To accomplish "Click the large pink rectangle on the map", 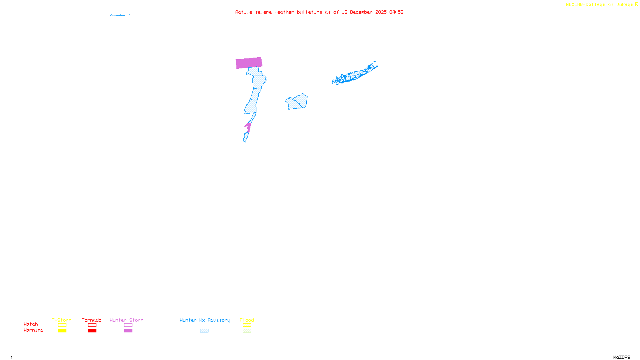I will coord(249,63).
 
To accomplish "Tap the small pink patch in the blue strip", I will coord(248,127).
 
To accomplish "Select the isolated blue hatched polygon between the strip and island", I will coord(297,102).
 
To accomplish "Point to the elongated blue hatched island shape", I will coord(354,74).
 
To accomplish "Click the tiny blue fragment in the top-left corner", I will coord(120,15).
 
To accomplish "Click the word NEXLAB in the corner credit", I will coord(575,5).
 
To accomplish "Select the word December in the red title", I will coord(361,12).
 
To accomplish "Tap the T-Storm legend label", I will coord(62,320).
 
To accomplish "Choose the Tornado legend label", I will coord(92,320).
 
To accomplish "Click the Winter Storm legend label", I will coord(126,320).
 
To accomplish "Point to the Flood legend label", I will coord(247,320).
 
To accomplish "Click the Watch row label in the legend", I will coord(31,324).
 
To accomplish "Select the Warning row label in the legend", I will coord(33,330).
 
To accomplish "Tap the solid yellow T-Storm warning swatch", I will coord(62,331).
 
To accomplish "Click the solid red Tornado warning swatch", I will coord(92,331).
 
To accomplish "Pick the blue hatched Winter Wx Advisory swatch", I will coord(204,331).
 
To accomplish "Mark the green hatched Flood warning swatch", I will coord(247,331).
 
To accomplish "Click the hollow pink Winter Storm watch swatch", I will coord(128,325).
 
